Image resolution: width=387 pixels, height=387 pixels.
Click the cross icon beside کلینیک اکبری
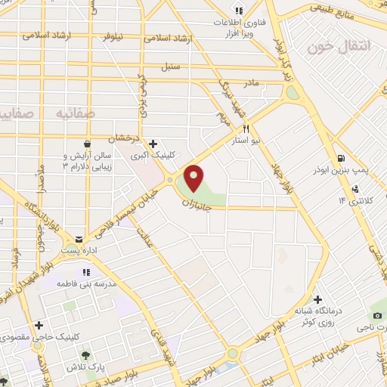153,143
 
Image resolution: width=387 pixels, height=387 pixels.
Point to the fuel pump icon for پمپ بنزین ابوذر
342,159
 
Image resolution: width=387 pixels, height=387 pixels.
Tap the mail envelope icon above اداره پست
79,240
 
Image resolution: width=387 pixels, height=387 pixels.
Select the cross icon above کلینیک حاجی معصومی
39,325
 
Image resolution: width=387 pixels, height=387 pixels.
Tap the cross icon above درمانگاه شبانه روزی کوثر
318,299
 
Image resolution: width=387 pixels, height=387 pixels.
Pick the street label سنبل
170,66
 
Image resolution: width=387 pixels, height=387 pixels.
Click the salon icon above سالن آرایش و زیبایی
87,143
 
